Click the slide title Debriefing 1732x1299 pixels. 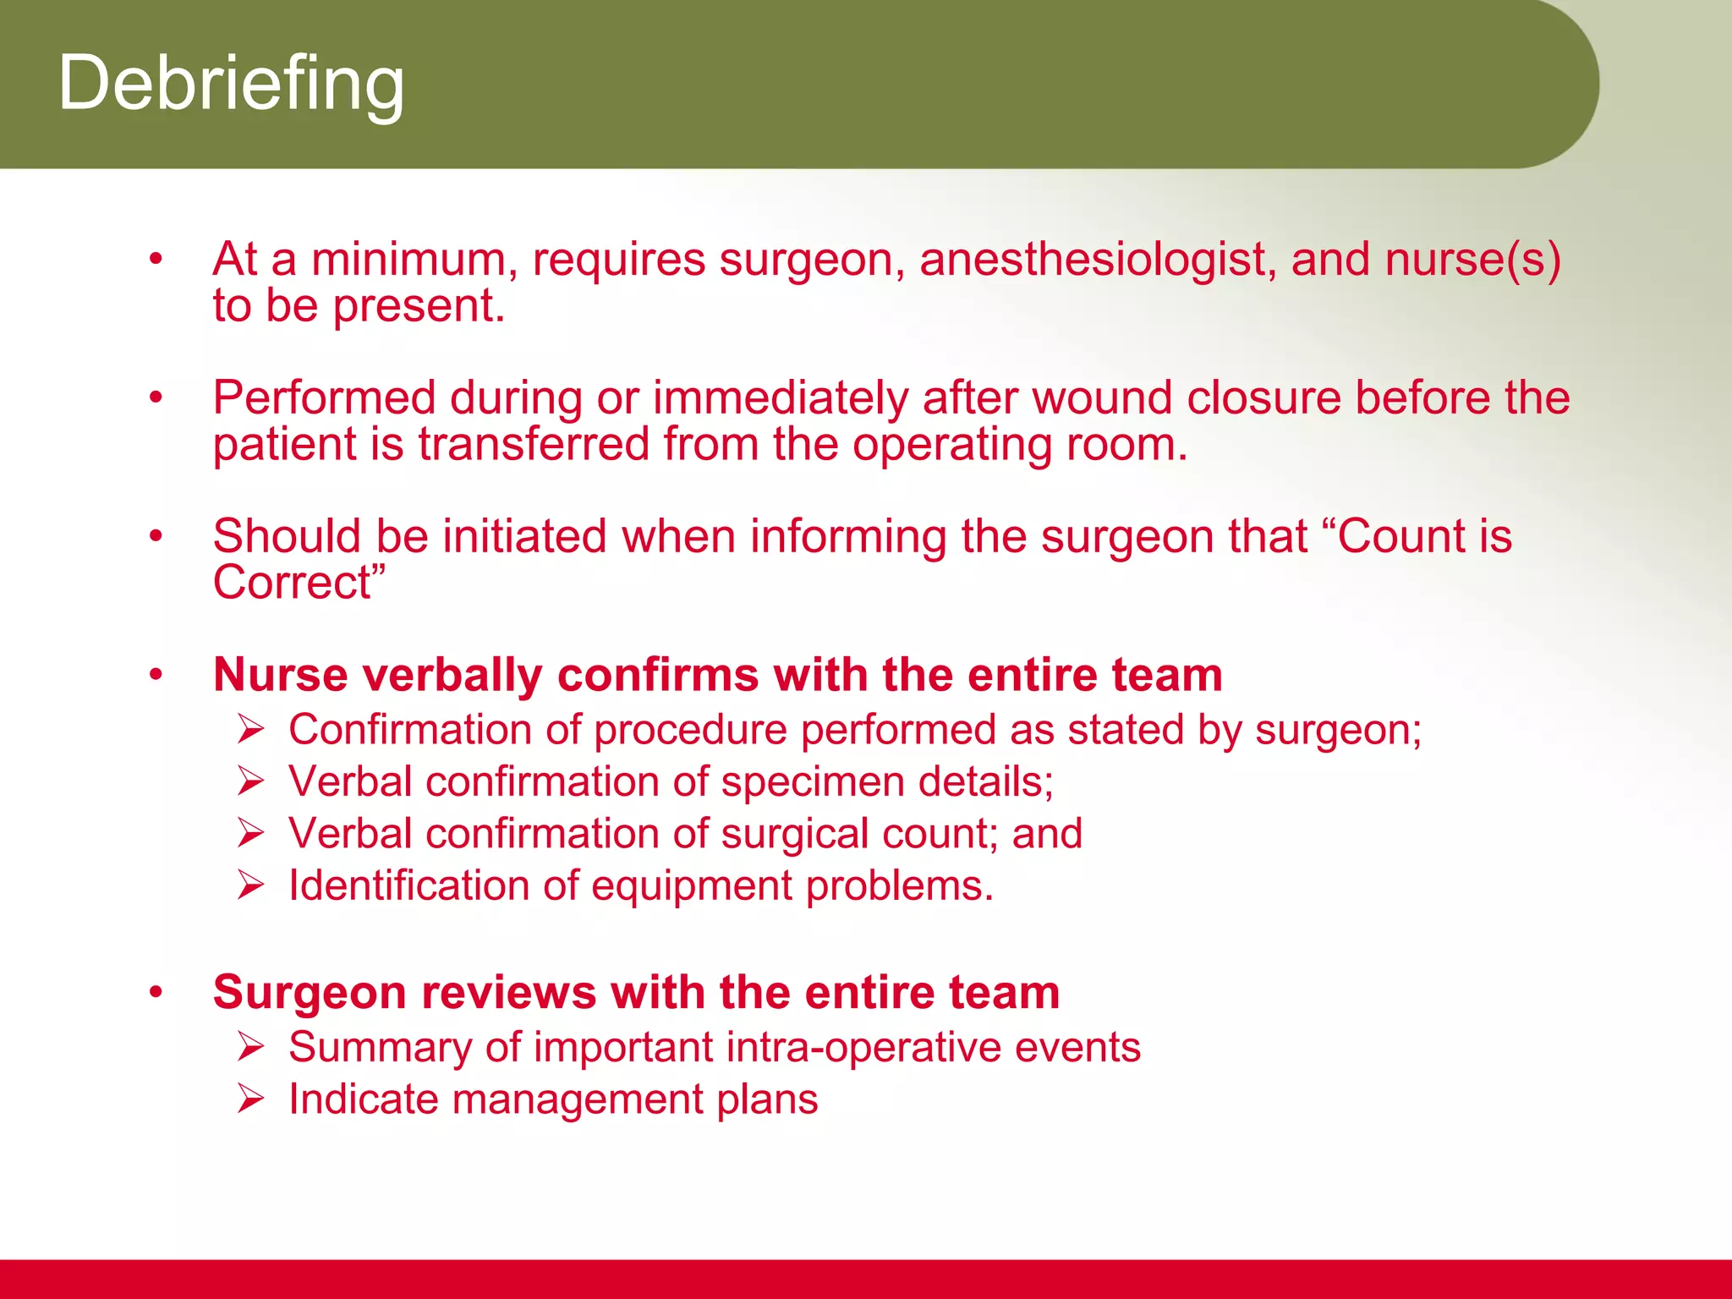click(231, 83)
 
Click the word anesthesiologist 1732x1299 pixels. click(1098, 260)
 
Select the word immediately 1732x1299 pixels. click(781, 397)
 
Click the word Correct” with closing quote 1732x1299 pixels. click(299, 583)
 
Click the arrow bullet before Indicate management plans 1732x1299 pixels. click(251, 1099)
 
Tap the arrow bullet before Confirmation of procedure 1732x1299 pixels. click(251, 729)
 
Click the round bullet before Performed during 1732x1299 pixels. click(156, 397)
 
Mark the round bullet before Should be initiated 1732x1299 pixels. click(156, 536)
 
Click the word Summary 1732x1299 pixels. click(379, 1048)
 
